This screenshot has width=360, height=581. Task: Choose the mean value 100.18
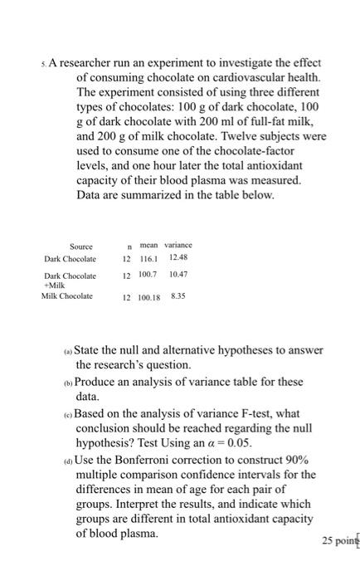(148, 297)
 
